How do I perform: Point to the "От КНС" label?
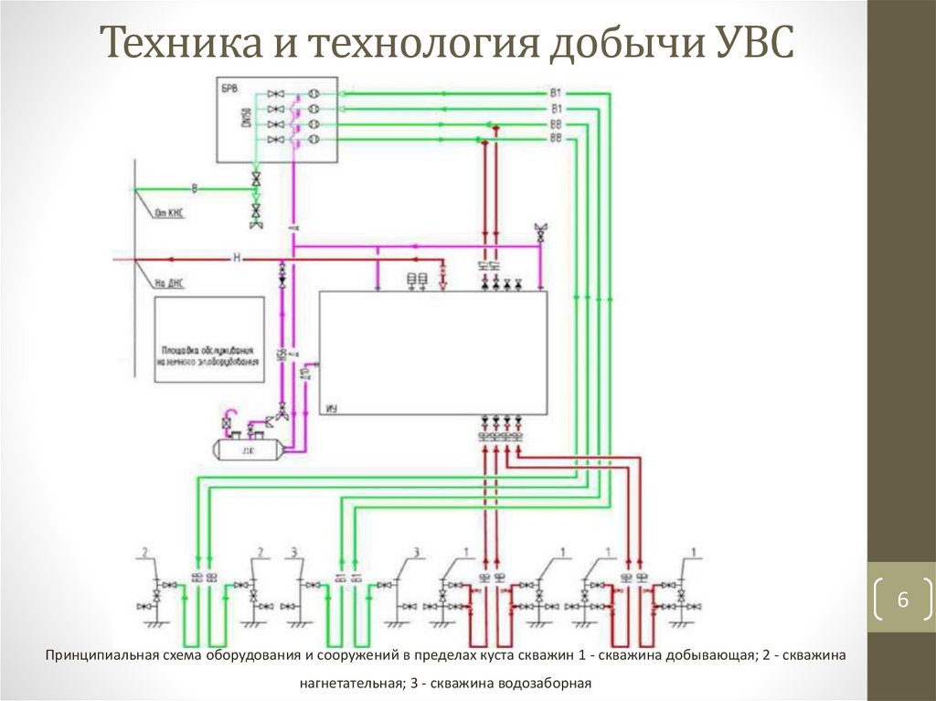click(171, 213)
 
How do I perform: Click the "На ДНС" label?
click(171, 284)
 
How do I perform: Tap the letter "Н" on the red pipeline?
click(236, 260)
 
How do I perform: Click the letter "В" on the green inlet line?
click(194, 188)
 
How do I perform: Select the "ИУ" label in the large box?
click(331, 409)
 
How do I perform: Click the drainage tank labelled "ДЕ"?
click(247, 450)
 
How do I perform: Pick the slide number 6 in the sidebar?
click(902, 600)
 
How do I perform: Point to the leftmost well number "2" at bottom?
click(144, 551)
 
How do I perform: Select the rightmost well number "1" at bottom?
click(696, 551)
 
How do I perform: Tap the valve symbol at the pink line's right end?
click(541, 233)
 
